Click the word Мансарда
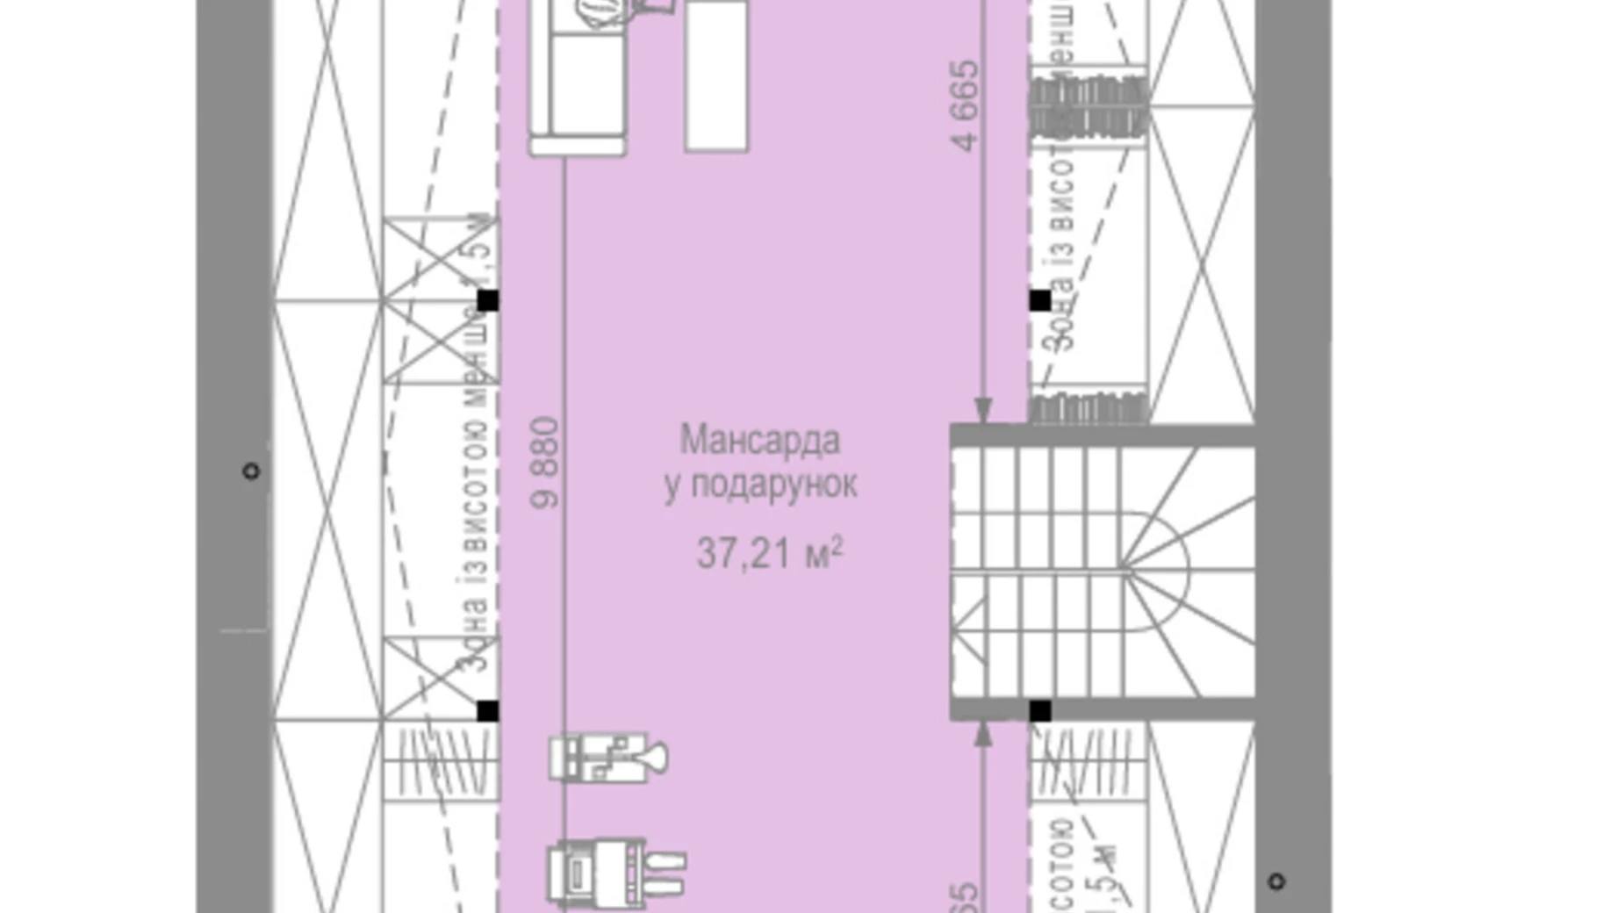(x=759, y=441)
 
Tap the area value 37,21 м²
(x=769, y=553)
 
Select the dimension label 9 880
(x=545, y=463)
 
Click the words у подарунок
(x=760, y=485)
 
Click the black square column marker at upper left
(x=487, y=301)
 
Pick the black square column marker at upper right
(x=1039, y=301)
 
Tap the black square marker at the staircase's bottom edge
(x=1039, y=711)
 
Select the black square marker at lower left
(x=487, y=711)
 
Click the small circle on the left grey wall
(x=251, y=471)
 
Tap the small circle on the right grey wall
(x=1276, y=881)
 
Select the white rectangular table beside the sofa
(x=716, y=75)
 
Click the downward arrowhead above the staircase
(x=983, y=410)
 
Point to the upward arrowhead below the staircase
(x=983, y=734)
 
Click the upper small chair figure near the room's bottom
(x=607, y=758)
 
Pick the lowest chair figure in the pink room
(x=614, y=872)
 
